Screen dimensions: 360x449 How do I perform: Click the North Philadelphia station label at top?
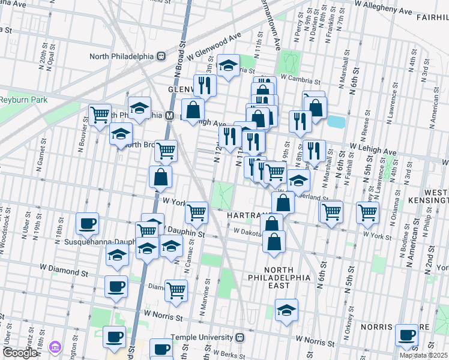click(x=122, y=56)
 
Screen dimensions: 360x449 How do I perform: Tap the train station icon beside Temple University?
click(x=240, y=337)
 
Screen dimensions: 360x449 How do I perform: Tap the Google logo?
click(x=20, y=353)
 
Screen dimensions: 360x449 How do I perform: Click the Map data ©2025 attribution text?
click(x=423, y=355)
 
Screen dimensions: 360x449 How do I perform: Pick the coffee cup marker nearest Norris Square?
click(x=406, y=335)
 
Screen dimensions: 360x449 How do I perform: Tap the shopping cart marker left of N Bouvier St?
click(x=100, y=113)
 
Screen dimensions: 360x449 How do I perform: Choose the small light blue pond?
click(x=336, y=122)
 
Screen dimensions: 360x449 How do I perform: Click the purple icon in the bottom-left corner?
click(x=55, y=347)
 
